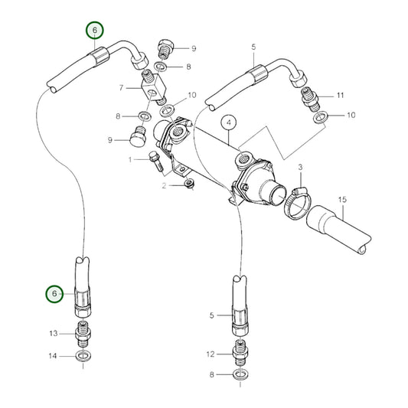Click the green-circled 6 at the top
click(x=94, y=31)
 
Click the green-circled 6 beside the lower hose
click(x=53, y=293)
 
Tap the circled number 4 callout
click(x=228, y=122)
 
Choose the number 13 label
click(x=53, y=333)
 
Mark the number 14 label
click(x=53, y=356)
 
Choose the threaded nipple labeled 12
click(x=240, y=354)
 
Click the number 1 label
click(x=131, y=159)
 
